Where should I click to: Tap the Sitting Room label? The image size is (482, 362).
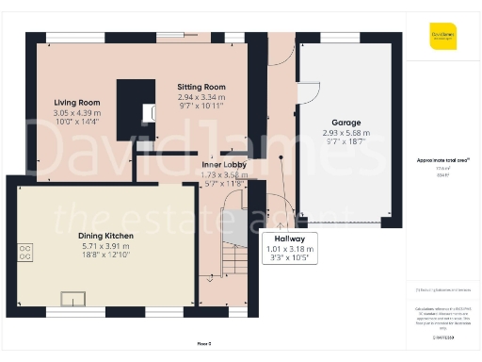(201, 87)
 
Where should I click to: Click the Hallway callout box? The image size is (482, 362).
(281, 246)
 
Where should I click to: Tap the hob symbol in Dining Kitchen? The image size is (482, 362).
(25, 252)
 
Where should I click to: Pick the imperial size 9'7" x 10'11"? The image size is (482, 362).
(201, 107)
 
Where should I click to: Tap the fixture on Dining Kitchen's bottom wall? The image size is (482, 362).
(72, 299)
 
